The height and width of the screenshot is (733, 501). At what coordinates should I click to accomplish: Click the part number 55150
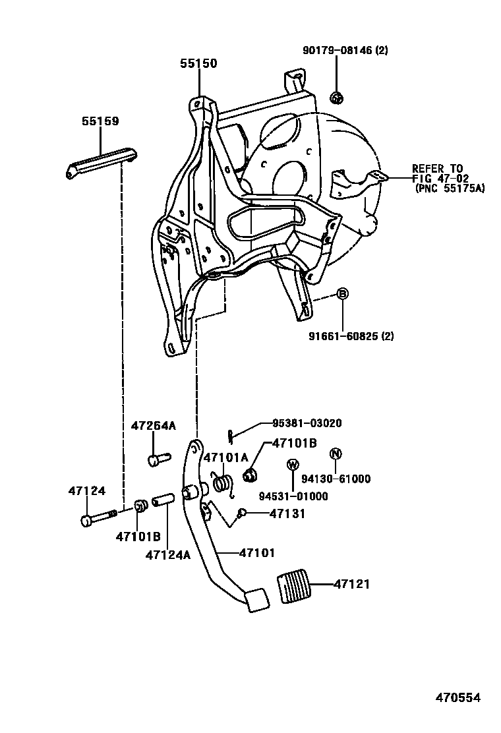(198, 63)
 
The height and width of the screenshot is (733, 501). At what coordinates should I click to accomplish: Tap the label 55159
(100, 121)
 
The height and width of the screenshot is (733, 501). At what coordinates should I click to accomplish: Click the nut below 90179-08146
(336, 98)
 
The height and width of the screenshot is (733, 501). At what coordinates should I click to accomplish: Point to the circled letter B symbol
(343, 294)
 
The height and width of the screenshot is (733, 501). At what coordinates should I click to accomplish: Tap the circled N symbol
(335, 454)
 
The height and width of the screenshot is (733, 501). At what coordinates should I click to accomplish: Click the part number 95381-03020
(307, 423)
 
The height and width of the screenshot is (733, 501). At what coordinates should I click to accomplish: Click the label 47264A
(153, 426)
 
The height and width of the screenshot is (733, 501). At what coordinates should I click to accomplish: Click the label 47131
(287, 513)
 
